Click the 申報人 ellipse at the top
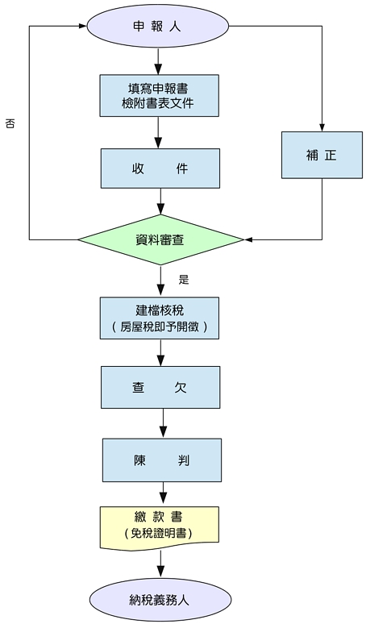point(159,26)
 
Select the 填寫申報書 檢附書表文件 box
point(160,94)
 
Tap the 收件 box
point(160,168)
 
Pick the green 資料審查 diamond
point(160,239)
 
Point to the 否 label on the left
point(10,124)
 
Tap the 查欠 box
point(160,388)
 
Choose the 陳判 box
point(161,460)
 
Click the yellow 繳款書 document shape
point(159,526)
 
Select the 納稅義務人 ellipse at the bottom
point(159,600)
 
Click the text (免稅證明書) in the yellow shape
point(159,534)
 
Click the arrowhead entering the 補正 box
point(321,127)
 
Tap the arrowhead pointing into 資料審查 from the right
point(248,239)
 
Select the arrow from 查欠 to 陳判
point(161,423)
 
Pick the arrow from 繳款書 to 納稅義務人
point(160,564)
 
